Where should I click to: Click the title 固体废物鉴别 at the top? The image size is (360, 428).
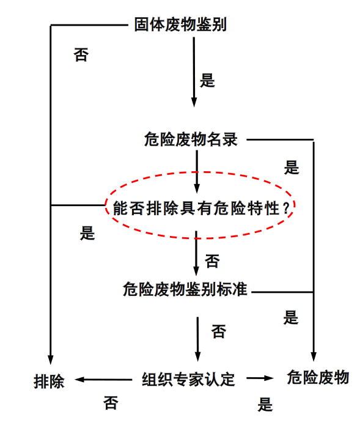click(180, 24)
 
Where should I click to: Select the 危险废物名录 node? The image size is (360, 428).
click(191, 139)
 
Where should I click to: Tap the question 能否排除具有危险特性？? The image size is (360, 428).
click(201, 208)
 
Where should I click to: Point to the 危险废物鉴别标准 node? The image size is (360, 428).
click(185, 289)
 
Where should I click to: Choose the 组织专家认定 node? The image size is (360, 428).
click(188, 379)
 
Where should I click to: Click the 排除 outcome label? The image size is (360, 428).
click(49, 382)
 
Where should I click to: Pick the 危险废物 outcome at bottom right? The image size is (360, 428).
click(318, 377)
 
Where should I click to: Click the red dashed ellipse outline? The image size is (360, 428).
click(200, 172)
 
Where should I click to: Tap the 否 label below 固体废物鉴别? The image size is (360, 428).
click(81, 54)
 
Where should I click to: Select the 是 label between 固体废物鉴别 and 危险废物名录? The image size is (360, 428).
click(207, 81)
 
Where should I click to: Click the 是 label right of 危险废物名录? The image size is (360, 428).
click(292, 168)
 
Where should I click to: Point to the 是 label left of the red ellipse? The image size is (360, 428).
click(87, 233)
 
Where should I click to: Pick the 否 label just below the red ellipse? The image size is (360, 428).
click(212, 261)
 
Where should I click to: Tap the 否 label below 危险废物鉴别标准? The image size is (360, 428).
click(219, 331)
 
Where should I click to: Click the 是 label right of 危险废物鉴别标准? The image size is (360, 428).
click(291, 317)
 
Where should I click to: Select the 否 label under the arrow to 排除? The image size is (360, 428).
click(111, 403)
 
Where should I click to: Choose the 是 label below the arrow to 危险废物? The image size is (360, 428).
click(265, 404)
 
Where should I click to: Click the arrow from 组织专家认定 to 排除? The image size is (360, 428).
click(103, 380)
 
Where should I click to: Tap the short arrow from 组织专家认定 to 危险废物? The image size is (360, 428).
click(260, 378)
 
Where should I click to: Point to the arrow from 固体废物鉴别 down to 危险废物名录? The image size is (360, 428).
click(194, 72)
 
